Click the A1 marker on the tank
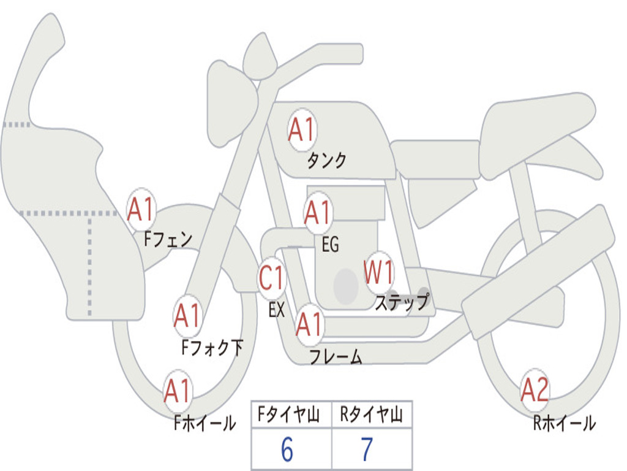[302, 130]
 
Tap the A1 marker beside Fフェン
[141, 209]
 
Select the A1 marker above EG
[318, 212]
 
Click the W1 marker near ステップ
[378, 272]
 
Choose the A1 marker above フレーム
[309, 324]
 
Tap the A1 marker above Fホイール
[178, 391]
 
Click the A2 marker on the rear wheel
[535, 390]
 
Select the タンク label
[326, 160]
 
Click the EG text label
[330, 244]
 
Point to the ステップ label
[402, 302]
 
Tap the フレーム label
[336, 356]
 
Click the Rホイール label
[565, 423]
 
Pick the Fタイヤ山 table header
[289, 415]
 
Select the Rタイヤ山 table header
[372, 415]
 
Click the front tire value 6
[287, 450]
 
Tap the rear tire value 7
[367, 450]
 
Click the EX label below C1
[276, 310]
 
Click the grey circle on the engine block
[346, 286]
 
